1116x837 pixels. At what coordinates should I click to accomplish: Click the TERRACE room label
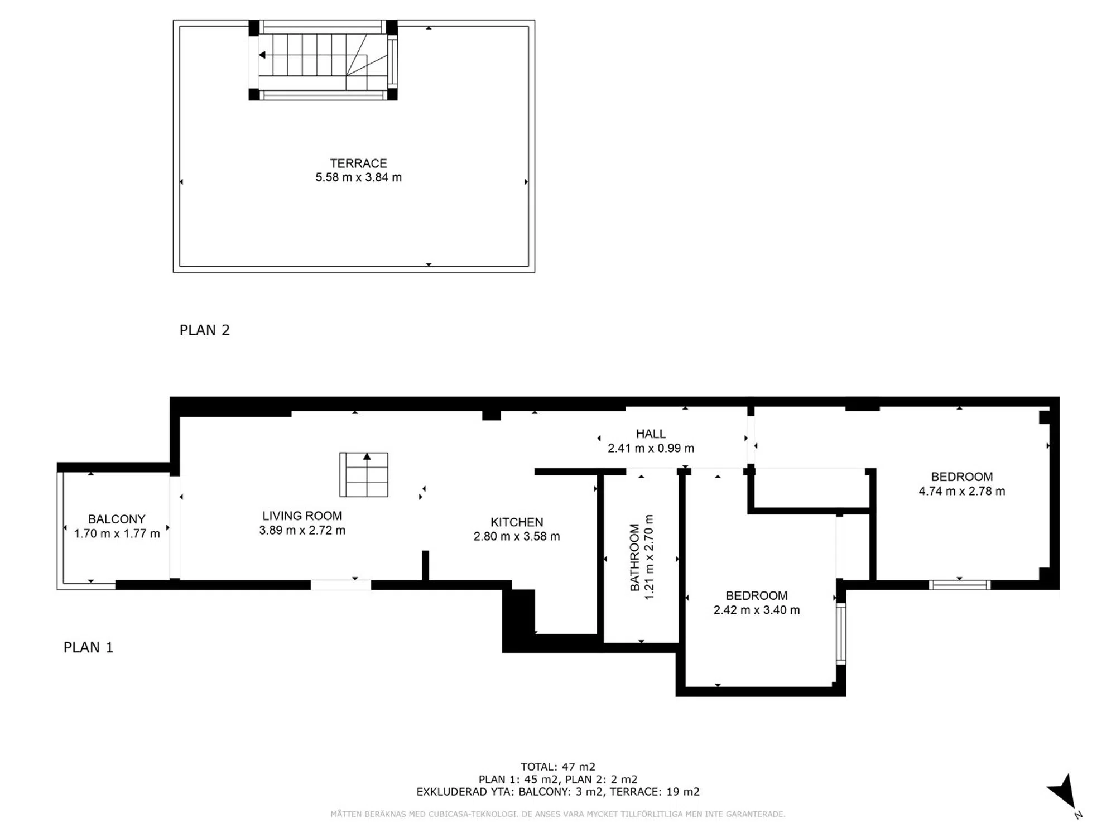[358, 163]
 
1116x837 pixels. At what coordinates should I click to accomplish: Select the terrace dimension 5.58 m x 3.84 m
[358, 177]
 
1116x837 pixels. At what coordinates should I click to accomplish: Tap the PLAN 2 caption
[204, 330]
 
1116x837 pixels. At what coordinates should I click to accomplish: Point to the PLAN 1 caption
[88, 647]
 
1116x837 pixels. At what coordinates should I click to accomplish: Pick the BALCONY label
[117, 519]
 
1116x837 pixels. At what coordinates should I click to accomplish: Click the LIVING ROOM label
[302, 516]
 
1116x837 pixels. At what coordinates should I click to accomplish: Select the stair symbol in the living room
[364, 475]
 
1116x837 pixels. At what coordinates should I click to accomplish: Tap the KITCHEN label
[517, 522]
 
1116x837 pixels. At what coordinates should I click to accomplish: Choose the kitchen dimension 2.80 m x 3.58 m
[517, 537]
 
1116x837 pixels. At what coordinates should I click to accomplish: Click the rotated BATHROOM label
[634, 557]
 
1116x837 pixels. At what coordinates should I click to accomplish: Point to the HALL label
[651, 434]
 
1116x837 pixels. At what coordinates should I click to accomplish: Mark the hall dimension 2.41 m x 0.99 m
[651, 448]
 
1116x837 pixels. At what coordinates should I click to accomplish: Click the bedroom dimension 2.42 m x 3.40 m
[757, 610]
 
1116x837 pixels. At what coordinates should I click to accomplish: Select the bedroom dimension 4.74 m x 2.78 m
[962, 492]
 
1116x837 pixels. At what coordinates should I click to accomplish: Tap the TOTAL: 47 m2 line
[558, 767]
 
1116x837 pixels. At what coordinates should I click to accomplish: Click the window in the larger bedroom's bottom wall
[960, 585]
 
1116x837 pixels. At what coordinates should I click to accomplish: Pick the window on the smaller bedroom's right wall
[841, 634]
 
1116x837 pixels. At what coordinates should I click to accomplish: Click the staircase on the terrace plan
[323, 60]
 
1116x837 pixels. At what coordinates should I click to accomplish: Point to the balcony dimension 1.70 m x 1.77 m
[117, 534]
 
